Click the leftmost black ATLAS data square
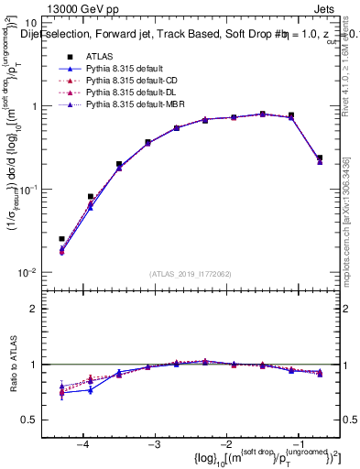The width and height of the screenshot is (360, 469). (x=61, y=239)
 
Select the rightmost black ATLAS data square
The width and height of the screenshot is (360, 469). (x=319, y=158)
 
